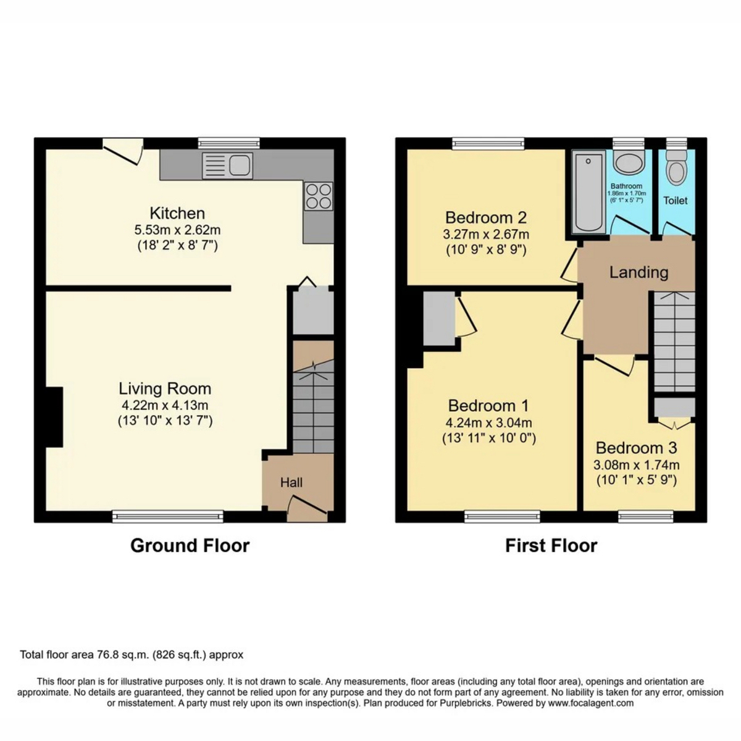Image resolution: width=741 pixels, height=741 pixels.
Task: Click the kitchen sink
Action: pyautogui.click(x=227, y=165)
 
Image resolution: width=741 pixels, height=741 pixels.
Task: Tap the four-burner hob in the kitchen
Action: pyautogui.click(x=319, y=196)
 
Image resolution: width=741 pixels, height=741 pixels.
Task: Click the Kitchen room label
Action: pyautogui.click(x=177, y=213)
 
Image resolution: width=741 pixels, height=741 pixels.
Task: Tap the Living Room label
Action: pyautogui.click(x=165, y=389)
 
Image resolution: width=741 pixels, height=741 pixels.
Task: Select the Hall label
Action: pyautogui.click(x=291, y=482)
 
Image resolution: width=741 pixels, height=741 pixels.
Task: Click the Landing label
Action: pyautogui.click(x=638, y=272)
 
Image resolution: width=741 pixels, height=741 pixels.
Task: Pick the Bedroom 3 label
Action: pyautogui.click(x=637, y=448)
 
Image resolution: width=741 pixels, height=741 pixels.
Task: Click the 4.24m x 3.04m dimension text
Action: pyautogui.click(x=488, y=422)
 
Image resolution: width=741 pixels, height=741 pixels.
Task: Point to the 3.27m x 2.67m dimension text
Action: pyautogui.click(x=486, y=234)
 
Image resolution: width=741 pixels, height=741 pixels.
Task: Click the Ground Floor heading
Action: pyautogui.click(x=190, y=545)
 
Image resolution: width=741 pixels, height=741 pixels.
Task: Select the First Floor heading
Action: pyautogui.click(x=551, y=545)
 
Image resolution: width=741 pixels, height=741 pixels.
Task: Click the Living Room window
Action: pyautogui.click(x=168, y=516)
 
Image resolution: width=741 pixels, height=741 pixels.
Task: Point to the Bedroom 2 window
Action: pyautogui.click(x=488, y=143)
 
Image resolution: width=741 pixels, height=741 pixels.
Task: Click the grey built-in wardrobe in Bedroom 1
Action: pyautogui.click(x=439, y=319)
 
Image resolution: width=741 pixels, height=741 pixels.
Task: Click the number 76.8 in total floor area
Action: pyautogui.click(x=103, y=655)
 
